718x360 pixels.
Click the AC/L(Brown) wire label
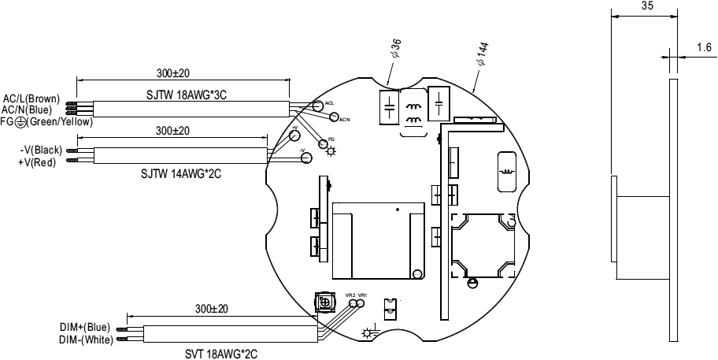[x=31, y=98]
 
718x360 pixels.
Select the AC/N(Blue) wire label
[x=30, y=109]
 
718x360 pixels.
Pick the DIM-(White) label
[x=86, y=340]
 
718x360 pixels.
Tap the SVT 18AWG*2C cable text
[x=209, y=354]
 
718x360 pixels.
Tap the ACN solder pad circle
[x=334, y=118]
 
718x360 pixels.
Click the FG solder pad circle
[x=322, y=143]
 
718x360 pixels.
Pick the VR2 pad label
[x=350, y=295]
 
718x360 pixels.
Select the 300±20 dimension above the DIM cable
[x=210, y=309]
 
